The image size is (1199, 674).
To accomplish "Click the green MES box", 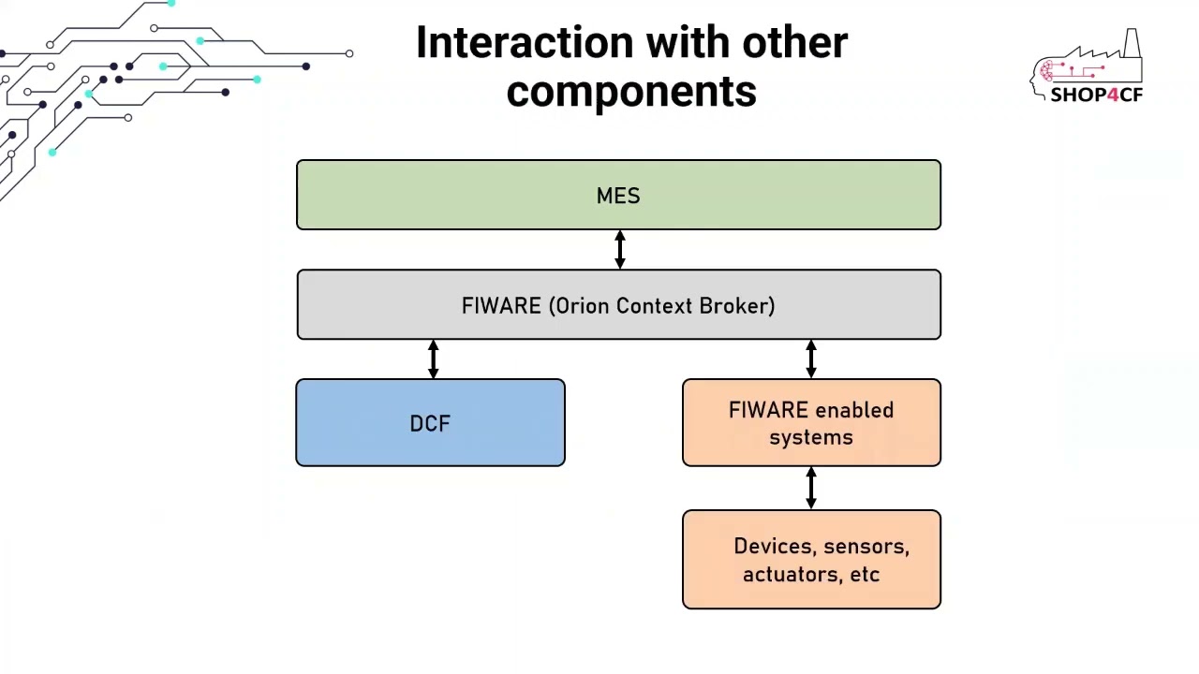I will [618, 195].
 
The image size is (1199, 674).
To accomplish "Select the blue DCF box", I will [430, 423].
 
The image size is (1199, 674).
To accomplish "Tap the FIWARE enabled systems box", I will [811, 423].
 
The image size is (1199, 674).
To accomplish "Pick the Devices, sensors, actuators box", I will [811, 560].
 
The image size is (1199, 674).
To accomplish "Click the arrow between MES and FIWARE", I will [619, 250].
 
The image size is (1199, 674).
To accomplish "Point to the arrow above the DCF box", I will [433, 359].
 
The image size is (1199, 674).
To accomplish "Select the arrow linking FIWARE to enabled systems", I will [811, 359].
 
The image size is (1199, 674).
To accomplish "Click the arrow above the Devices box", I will [811, 488].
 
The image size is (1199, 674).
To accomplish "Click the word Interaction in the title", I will [525, 43].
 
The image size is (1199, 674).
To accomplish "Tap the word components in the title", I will [631, 92].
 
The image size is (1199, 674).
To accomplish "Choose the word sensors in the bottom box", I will [866, 547].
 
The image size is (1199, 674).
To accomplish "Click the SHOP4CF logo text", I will [1096, 95].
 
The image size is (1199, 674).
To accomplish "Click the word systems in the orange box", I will [811, 437].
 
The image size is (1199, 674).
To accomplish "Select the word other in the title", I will [795, 43].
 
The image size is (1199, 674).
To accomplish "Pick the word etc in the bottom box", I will [865, 575].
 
